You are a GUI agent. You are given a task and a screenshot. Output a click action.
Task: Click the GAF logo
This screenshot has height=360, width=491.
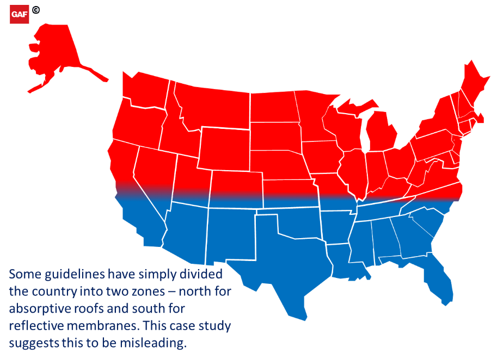[x=20, y=15]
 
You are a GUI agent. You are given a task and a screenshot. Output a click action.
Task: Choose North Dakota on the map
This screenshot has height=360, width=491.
[x=272, y=107]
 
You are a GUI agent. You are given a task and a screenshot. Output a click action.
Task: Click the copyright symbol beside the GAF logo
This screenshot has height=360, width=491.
[x=36, y=10]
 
